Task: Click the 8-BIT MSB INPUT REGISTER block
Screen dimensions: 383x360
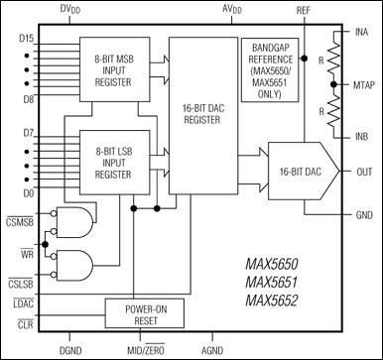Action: click(x=114, y=69)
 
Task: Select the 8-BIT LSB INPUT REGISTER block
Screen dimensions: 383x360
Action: click(x=114, y=163)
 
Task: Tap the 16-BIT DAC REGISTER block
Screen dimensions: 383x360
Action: click(x=203, y=115)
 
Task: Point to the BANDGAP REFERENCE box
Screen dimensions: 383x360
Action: click(x=270, y=69)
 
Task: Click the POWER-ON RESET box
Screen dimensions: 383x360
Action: click(x=145, y=313)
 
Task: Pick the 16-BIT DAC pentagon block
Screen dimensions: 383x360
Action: click(x=304, y=172)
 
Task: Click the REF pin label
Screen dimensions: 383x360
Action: click(x=304, y=10)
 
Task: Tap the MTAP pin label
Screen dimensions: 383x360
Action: click(x=364, y=85)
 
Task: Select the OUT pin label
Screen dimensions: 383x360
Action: click(x=364, y=172)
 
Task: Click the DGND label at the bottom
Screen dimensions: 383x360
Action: click(x=70, y=350)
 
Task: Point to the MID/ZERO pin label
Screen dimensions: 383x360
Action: click(x=146, y=350)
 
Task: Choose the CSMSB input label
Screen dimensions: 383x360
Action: click(x=20, y=222)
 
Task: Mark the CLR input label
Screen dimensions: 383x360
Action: click(x=26, y=324)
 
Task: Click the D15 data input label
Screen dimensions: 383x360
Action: click(x=26, y=39)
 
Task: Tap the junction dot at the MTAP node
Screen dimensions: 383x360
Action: click(x=333, y=84)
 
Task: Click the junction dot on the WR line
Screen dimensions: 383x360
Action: click(x=46, y=244)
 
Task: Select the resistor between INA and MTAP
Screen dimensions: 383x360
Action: click(x=333, y=58)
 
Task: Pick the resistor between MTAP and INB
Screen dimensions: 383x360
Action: click(x=333, y=111)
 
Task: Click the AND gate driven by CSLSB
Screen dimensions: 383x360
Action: click(x=74, y=265)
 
